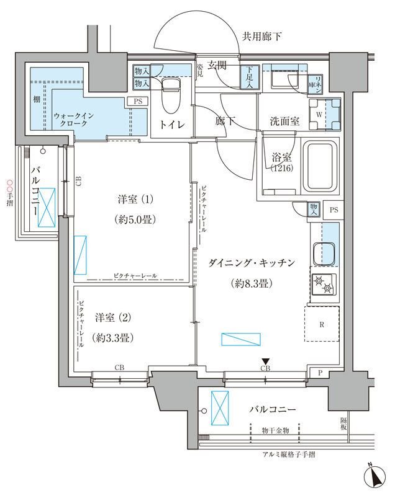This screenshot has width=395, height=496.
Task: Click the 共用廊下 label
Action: click(261, 37)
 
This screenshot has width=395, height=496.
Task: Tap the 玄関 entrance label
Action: click(218, 64)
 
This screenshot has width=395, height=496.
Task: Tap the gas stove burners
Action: click(324, 285)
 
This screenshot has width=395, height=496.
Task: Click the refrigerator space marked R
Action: click(321, 324)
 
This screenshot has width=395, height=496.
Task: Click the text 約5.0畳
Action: click(134, 218)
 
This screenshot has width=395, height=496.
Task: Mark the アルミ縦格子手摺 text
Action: click(289, 454)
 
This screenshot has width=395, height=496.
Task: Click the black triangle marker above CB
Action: click(266, 361)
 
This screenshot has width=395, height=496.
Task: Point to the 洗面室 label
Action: click(285, 122)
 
